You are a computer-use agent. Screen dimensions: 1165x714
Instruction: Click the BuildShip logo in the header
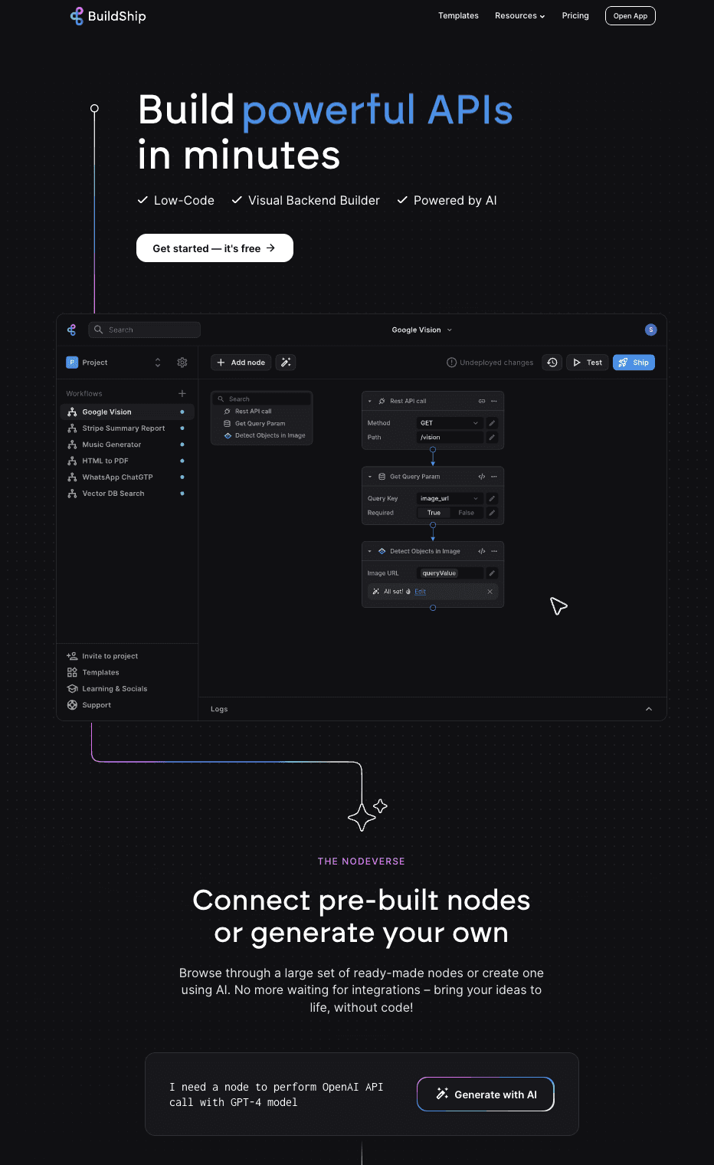pyautogui.click(x=108, y=16)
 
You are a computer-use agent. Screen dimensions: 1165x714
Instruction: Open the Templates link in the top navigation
pyautogui.click(x=458, y=15)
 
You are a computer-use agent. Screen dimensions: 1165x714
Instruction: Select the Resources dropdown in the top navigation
pyautogui.click(x=519, y=15)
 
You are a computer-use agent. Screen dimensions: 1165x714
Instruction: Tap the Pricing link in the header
pyautogui.click(x=575, y=15)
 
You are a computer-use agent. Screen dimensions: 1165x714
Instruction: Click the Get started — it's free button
pyautogui.click(x=215, y=248)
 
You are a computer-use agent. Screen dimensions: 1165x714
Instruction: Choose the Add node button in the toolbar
pyautogui.click(x=241, y=363)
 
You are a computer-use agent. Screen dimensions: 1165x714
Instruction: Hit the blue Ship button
pyautogui.click(x=634, y=363)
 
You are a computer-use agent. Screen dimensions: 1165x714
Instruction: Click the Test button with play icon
pyautogui.click(x=588, y=363)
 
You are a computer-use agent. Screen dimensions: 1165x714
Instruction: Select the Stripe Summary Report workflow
pyautogui.click(x=123, y=428)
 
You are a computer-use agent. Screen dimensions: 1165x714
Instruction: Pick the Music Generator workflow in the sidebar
pyautogui.click(x=112, y=445)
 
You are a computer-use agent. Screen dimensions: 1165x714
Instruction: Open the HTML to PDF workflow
pyautogui.click(x=105, y=461)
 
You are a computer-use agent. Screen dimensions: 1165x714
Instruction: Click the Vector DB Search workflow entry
pyautogui.click(x=113, y=494)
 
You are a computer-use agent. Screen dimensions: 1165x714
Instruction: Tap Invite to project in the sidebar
pyautogui.click(x=110, y=656)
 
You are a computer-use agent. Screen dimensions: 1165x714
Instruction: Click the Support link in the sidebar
pyautogui.click(x=97, y=705)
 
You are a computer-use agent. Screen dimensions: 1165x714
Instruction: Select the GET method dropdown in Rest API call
pyautogui.click(x=450, y=423)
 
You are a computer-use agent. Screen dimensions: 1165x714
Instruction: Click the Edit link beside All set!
pyautogui.click(x=420, y=592)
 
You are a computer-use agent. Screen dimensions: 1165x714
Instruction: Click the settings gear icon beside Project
pyautogui.click(x=182, y=363)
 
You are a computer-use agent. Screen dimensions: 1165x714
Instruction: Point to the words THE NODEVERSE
pyautogui.click(x=361, y=861)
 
